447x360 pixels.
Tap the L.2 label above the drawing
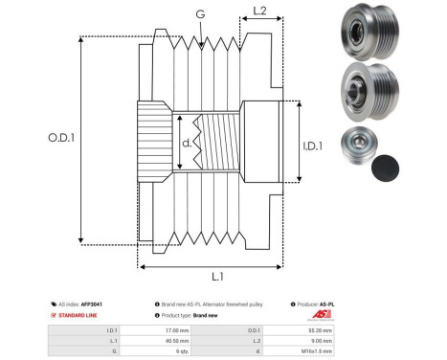coord(258,11)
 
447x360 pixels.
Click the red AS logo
coord(316,314)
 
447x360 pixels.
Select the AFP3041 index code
coord(91,304)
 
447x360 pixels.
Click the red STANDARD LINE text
coord(78,314)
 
